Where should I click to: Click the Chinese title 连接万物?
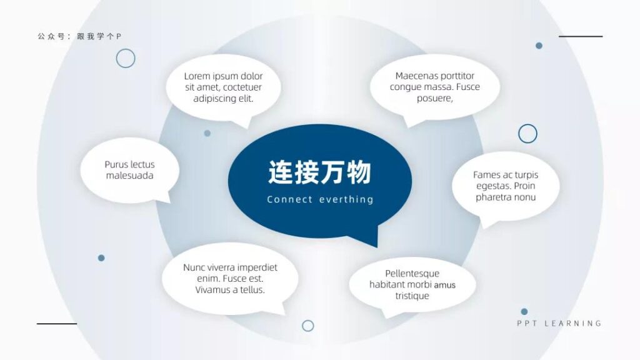point(319,172)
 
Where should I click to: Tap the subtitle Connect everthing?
point(321,199)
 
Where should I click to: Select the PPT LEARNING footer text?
point(559,323)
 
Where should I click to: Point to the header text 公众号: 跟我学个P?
point(79,36)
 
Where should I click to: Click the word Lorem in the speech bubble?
point(197,76)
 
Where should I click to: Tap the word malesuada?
point(130,176)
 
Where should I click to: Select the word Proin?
point(524,186)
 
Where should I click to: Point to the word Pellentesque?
point(412,274)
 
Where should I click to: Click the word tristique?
point(412,296)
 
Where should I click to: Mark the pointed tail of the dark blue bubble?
point(376,246)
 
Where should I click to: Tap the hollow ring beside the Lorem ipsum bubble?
point(126,49)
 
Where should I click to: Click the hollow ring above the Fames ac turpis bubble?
point(527,124)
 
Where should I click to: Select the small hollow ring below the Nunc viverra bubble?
point(308,321)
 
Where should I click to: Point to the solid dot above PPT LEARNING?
point(524,312)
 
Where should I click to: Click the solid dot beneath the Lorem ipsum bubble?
point(207,133)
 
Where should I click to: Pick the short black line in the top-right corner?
point(581,36)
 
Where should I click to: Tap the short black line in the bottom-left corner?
point(57,324)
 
